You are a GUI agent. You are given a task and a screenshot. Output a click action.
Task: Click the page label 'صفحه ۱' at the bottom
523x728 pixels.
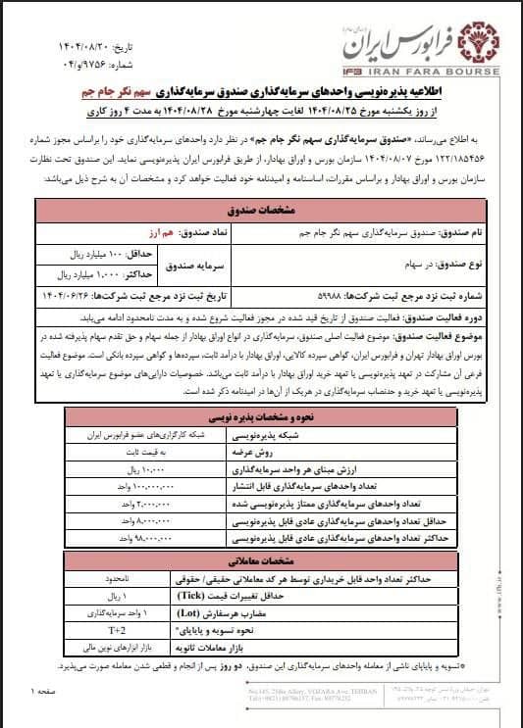pos(46,693)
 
